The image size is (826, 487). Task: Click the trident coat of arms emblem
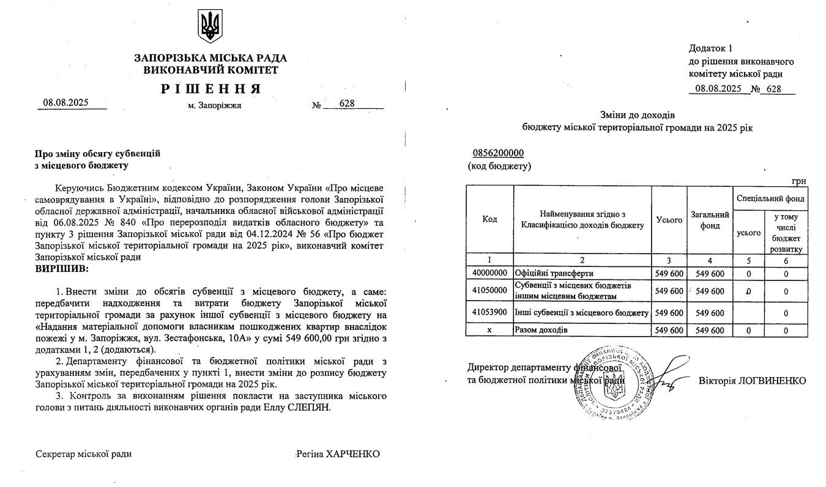point(210,27)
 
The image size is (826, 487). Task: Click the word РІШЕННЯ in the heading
point(211,89)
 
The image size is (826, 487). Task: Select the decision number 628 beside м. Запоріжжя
point(347,104)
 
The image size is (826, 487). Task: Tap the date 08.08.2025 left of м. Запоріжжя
point(65,103)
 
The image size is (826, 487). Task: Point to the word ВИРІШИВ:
point(62,268)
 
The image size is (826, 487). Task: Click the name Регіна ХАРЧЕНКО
point(337,454)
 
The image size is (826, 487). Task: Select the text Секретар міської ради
point(84,454)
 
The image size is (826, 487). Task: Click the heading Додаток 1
point(710,48)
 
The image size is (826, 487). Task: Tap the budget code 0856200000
point(498,153)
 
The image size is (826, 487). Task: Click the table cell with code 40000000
point(489,273)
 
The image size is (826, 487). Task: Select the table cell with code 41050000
point(489,290)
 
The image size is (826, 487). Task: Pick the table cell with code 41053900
point(489,313)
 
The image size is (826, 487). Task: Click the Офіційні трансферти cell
point(546,273)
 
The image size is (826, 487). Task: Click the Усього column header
point(669,219)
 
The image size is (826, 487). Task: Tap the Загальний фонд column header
point(710,219)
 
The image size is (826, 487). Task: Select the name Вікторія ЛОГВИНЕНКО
point(752,381)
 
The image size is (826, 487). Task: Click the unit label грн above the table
point(798,181)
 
